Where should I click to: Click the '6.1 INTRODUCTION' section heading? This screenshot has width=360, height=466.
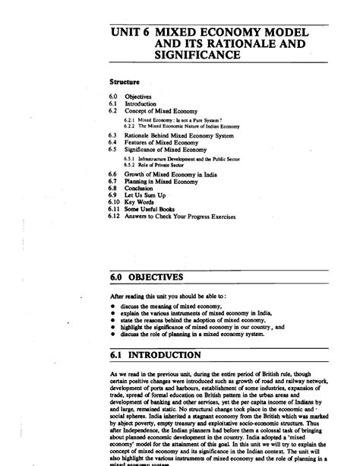pyautogui.click(x=156, y=355)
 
